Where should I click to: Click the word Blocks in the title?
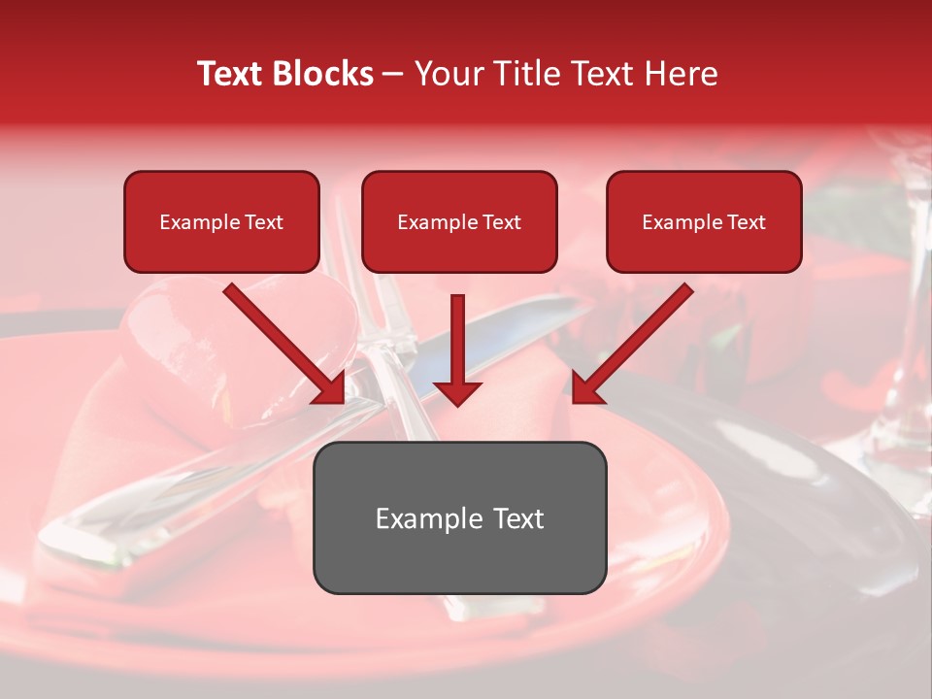pyautogui.click(x=322, y=74)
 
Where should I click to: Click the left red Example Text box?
pyautogui.click(x=221, y=222)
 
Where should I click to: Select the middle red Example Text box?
pyautogui.click(x=459, y=222)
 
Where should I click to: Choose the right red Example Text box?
pyautogui.click(x=704, y=222)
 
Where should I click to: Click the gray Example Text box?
pyautogui.click(x=459, y=517)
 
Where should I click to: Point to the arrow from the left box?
pyautogui.click(x=286, y=345)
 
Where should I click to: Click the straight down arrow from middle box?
pyautogui.click(x=457, y=349)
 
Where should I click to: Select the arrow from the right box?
pyautogui.click(x=631, y=345)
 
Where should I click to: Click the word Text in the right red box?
pyautogui.click(x=747, y=222)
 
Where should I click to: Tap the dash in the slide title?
pyautogui.click(x=393, y=74)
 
